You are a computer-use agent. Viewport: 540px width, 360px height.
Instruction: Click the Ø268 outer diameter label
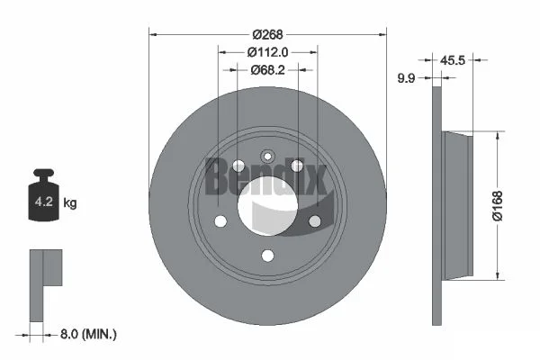pos(267,34)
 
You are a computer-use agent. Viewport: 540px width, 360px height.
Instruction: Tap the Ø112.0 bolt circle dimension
pos(267,52)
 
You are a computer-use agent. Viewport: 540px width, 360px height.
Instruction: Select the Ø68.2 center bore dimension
pos(267,70)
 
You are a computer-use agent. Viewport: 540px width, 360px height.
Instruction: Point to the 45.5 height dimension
pos(453,60)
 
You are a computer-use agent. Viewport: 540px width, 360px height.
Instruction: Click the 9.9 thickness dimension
pos(407,78)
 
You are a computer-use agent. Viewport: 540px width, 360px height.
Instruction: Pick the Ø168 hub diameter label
pos(498,206)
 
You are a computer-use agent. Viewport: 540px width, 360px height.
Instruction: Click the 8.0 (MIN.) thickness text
pos(88,334)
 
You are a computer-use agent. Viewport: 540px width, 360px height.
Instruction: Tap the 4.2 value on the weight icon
pos(44,202)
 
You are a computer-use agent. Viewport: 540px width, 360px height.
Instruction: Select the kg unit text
pos(70,202)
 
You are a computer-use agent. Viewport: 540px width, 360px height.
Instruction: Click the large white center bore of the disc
pos(267,206)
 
